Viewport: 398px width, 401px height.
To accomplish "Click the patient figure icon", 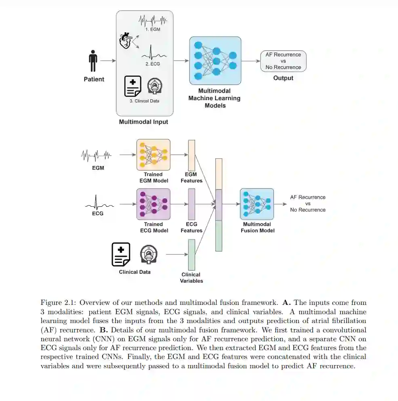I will (x=93, y=61).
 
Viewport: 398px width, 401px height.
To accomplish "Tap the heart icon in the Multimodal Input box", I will (x=126, y=41).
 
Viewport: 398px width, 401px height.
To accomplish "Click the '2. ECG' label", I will (x=153, y=63).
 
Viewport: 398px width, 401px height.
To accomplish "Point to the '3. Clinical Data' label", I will (x=144, y=101).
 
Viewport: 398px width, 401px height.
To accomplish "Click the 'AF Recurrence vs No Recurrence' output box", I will (x=283, y=61).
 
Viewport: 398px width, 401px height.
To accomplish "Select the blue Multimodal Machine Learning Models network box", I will (x=215, y=60).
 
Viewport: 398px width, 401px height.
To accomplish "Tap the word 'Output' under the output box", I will (x=283, y=78).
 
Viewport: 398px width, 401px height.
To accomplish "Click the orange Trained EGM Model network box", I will (x=153, y=155).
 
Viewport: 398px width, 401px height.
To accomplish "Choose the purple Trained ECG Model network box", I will (x=153, y=204).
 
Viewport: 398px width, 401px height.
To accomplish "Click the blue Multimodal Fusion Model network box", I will (x=257, y=204).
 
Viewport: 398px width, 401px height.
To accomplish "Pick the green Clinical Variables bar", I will (x=192, y=254).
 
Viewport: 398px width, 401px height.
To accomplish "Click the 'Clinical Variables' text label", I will (x=191, y=278).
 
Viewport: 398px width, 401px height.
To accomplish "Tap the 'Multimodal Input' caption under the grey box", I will (x=143, y=122).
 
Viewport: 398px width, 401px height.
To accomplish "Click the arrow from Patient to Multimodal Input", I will (x=107, y=61).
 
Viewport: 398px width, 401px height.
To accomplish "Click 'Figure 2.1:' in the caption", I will (x=55, y=303).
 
